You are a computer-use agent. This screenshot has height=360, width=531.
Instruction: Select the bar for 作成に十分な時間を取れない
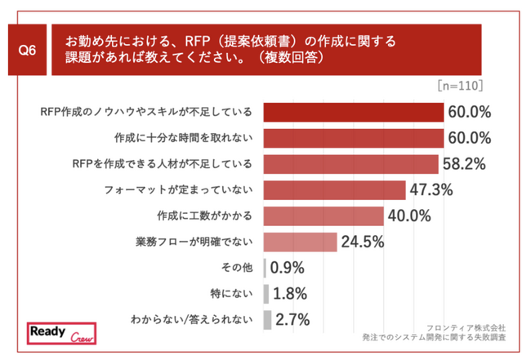(354, 137)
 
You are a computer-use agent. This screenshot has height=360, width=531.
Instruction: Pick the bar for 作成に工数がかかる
(324, 216)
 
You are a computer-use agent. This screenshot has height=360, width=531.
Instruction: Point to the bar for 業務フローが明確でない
(301, 242)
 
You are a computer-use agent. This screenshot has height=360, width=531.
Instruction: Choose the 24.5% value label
(362, 242)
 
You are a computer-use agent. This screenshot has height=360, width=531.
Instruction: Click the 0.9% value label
(288, 267)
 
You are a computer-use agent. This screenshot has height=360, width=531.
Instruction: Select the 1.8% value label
(291, 293)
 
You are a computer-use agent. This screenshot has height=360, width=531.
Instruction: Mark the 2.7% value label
(293, 319)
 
